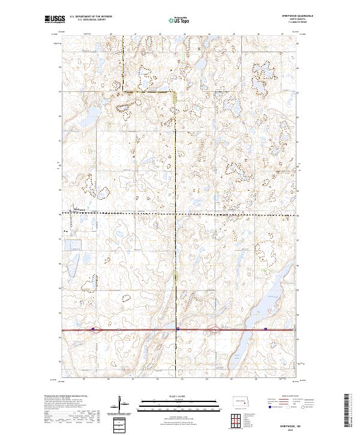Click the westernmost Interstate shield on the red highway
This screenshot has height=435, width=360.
click(94, 329)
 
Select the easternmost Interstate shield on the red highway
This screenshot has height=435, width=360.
click(265, 329)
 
